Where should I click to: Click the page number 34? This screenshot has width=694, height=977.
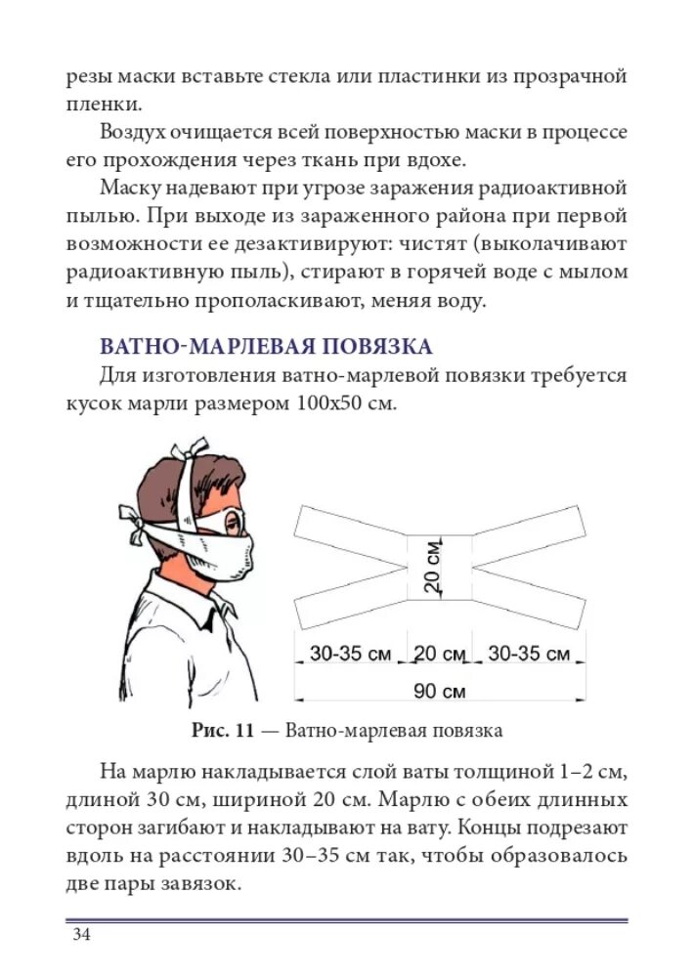click(81, 936)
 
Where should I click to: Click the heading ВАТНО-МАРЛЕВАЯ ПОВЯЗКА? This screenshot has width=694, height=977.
click(266, 347)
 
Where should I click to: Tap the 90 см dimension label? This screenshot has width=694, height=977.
click(439, 691)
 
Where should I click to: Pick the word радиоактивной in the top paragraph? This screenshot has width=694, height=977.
click(557, 187)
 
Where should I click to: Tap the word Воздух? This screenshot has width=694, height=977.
click(139, 131)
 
